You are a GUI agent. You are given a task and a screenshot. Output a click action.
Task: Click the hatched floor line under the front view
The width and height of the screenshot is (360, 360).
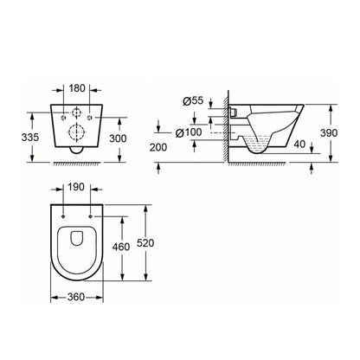(75, 162)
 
